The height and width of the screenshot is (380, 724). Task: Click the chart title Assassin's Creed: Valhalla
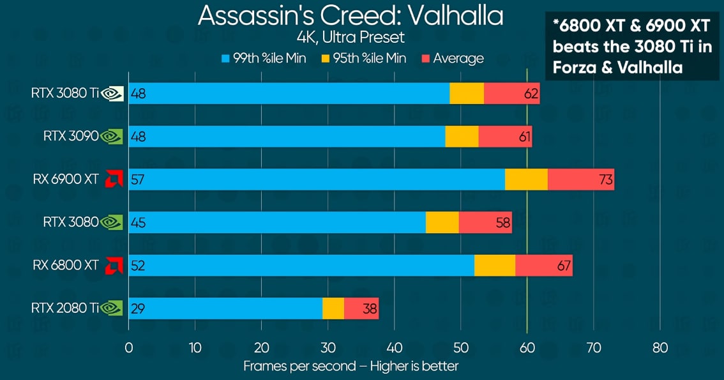[351, 15]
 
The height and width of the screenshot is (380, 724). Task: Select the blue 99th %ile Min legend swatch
[225, 59]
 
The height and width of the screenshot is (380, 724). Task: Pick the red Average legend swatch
[426, 59]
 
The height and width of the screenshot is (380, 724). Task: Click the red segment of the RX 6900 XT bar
[580, 179]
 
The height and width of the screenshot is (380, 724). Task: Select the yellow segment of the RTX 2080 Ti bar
[333, 308]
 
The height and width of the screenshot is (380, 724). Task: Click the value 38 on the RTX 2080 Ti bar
[370, 308]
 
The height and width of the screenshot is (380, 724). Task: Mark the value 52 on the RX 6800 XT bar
[137, 266]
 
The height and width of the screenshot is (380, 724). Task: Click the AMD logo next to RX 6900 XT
[114, 179]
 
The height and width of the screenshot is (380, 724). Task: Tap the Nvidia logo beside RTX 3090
[112, 136]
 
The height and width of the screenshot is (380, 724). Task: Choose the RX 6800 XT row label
[66, 265]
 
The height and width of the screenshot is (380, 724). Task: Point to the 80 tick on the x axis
[660, 348]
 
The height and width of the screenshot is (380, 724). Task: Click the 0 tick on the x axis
[129, 348]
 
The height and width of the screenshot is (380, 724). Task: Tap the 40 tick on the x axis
[395, 348]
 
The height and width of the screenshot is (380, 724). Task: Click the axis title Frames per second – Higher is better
[351, 366]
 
